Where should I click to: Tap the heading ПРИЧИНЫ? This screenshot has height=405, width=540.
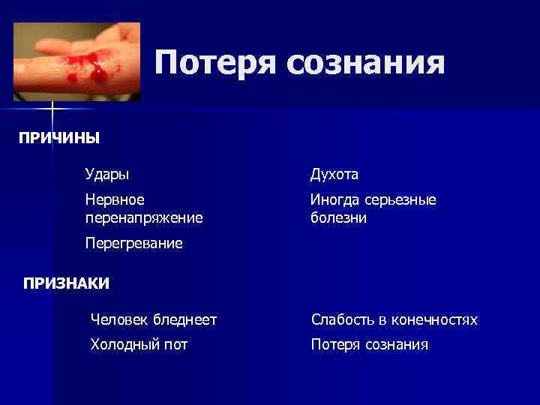click(59, 138)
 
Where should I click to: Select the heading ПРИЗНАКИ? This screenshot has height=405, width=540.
click(66, 283)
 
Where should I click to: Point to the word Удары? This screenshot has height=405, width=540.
click(106, 174)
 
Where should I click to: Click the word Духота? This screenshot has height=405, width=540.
click(334, 174)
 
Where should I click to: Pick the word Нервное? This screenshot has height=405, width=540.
click(115, 199)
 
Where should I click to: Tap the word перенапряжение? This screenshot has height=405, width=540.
click(144, 217)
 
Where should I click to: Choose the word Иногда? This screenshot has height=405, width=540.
click(335, 199)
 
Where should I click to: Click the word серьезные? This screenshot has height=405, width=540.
click(401, 199)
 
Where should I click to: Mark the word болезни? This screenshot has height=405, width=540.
click(338, 217)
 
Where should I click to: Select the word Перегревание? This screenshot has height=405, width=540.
click(133, 244)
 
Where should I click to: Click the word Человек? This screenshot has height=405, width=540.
click(118, 320)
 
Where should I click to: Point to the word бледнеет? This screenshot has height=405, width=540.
click(184, 320)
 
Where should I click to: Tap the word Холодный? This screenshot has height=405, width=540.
click(126, 345)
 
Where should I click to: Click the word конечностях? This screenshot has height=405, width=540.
click(436, 320)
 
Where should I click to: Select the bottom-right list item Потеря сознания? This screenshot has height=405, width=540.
click(370, 345)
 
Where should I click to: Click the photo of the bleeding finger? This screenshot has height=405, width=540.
click(76, 61)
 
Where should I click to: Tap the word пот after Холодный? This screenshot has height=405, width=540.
click(177, 345)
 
